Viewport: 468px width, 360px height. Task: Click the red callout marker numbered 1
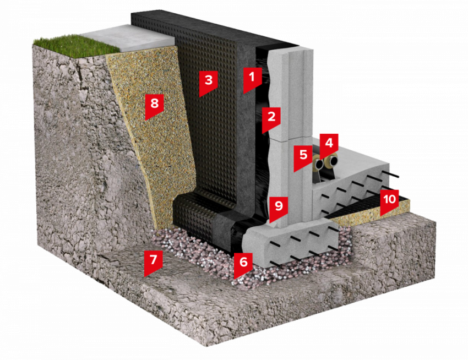(x=252, y=79)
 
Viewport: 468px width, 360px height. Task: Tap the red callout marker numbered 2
(x=271, y=119)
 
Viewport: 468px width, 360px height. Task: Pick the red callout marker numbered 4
(x=329, y=145)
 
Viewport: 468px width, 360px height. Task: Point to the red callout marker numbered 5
(x=303, y=157)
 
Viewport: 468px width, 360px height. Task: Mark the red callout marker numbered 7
(x=154, y=262)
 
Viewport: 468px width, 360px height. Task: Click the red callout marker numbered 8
(x=154, y=106)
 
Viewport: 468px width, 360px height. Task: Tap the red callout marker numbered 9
(x=279, y=209)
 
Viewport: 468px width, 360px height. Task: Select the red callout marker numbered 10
(x=389, y=201)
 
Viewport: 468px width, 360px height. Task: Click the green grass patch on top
(x=76, y=45)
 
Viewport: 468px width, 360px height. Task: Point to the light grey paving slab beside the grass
(x=128, y=38)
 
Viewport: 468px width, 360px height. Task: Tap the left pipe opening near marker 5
(x=319, y=163)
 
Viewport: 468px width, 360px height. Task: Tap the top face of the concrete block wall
(x=291, y=54)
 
